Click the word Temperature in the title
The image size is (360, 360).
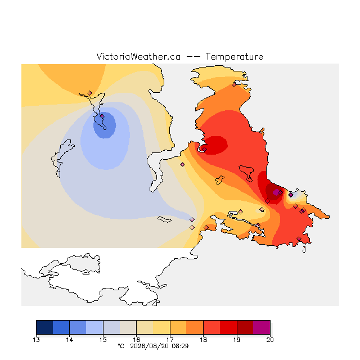(x=234, y=57)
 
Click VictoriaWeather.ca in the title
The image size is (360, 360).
(x=138, y=57)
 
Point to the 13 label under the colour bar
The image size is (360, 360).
(x=36, y=340)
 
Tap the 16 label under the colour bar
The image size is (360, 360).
(x=136, y=340)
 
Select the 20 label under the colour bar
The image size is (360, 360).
(x=270, y=340)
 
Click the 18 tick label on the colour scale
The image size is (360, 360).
(x=203, y=340)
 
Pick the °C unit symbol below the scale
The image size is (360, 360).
(x=121, y=346)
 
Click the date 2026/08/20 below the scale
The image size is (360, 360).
(x=150, y=346)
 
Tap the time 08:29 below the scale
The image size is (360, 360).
(x=180, y=346)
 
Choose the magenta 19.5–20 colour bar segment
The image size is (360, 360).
(x=262, y=327)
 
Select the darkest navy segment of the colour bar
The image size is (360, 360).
(x=44, y=327)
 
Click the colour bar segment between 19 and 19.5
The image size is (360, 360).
(x=245, y=327)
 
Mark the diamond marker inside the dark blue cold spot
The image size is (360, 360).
(x=102, y=116)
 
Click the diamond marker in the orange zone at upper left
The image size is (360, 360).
(x=90, y=93)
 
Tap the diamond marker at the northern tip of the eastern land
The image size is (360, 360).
(x=234, y=85)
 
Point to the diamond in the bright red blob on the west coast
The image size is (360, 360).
(x=204, y=149)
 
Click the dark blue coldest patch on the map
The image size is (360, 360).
(x=105, y=126)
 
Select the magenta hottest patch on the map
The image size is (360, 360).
(x=276, y=192)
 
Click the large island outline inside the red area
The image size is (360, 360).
(x=246, y=173)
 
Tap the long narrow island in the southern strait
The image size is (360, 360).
(x=164, y=219)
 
